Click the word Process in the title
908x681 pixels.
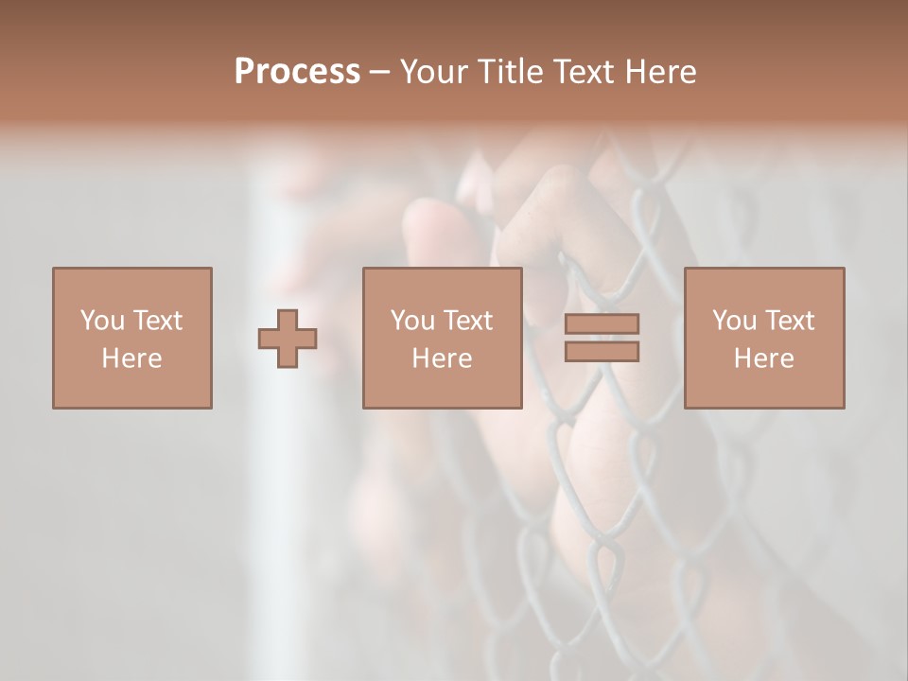pos(297,72)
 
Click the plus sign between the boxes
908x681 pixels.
pos(288,339)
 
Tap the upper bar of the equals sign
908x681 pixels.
pos(602,323)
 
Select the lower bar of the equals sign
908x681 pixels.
pos(602,352)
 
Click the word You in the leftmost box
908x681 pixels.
pos(102,321)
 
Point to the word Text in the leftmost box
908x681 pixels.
pos(158,321)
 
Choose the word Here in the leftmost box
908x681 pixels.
pos(131,358)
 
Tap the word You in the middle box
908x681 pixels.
pos(412,321)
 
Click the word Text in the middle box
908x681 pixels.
pos(468,321)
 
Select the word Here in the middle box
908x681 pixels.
pos(442,358)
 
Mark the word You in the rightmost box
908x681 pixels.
pos(734,321)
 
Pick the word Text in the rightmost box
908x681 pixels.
pos(790,321)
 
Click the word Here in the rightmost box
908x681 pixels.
pos(763,358)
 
